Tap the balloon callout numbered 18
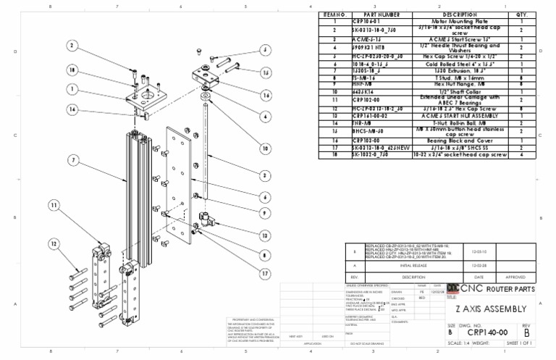click(x=72, y=70)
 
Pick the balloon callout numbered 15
click(x=266, y=73)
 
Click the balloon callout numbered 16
click(x=266, y=95)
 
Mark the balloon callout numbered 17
click(x=266, y=273)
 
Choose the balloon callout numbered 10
click(x=266, y=148)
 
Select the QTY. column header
click(x=522, y=14)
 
